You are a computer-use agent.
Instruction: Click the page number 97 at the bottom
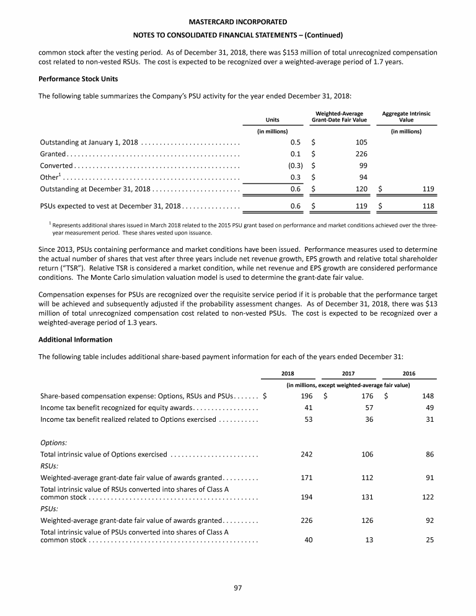click(x=238, y=588)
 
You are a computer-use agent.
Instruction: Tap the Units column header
click(x=271, y=119)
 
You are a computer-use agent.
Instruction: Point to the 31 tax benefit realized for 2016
click(x=429, y=420)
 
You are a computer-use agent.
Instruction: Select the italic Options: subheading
click(x=54, y=443)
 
